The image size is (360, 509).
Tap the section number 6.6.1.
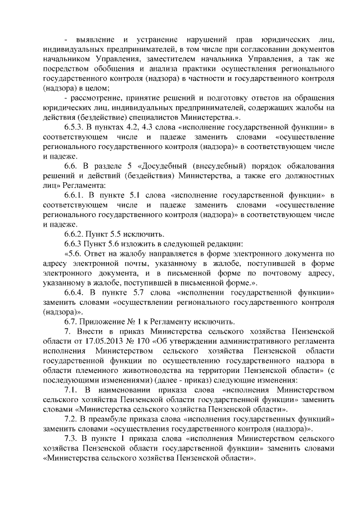[x=74, y=195]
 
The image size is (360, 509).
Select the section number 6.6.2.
[x=74, y=232]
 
